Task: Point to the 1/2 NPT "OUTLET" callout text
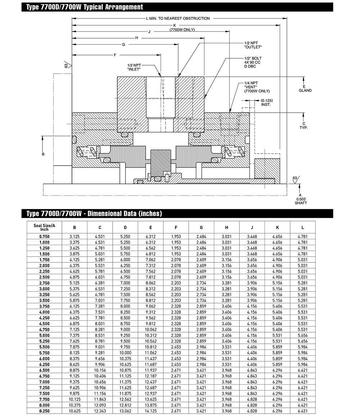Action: pos(253,45)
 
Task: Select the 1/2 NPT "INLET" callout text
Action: pos(134,67)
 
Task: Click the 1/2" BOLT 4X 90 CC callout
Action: pos(253,62)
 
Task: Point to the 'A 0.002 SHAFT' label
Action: pos(301,199)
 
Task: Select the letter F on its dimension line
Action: pos(114,55)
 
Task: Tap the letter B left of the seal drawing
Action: pos(43,154)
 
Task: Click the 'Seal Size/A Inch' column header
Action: pos(44,227)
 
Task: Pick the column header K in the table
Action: pos(277,227)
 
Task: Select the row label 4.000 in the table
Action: pos(44,312)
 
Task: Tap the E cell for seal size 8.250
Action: pos(150,411)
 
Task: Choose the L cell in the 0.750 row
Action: pos(302,237)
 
